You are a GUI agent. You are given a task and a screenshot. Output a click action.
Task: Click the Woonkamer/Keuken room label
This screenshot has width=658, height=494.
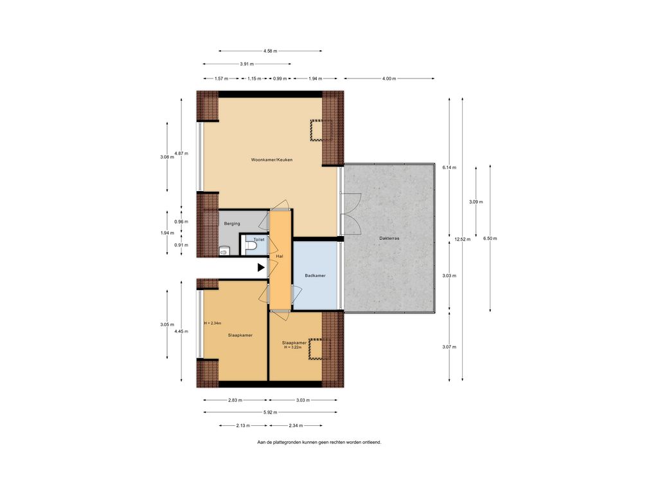click(x=272, y=160)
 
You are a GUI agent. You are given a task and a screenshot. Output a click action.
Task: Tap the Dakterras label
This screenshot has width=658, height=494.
click(x=389, y=238)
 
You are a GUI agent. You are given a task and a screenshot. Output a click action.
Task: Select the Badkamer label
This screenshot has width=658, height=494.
click(x=315, y=275)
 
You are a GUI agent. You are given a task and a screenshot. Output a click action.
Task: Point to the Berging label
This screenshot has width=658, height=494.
click(x=232, y=223)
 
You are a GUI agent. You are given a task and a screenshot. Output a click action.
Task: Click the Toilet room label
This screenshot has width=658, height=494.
click(x=259, y=239)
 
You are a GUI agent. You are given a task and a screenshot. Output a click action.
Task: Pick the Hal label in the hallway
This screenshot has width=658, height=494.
click(x=280, y=256)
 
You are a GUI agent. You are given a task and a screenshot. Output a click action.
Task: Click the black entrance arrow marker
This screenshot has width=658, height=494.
click(x=261, y=267)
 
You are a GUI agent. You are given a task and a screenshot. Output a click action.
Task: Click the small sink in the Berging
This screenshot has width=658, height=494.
click(x=223, y=252)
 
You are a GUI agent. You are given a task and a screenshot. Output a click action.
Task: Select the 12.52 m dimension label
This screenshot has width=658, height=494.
click(x=463, y=239)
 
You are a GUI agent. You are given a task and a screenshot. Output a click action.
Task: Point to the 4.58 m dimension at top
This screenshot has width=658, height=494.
click(x=271, y=51)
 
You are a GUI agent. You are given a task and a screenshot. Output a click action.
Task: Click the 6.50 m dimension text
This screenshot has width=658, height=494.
click(x=490, y=238)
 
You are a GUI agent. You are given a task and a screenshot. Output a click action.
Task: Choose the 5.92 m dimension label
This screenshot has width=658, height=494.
click(x=271, y=412)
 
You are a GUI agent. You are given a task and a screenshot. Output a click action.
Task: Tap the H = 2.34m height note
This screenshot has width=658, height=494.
click(x=213, y=323)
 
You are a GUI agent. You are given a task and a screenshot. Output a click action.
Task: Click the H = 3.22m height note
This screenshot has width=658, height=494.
click(x=293, y=347)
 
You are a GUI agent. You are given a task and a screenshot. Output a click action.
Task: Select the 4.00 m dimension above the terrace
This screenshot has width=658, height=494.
click(x=389, y=78)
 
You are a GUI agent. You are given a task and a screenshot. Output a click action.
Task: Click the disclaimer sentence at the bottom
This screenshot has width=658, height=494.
click(x=319, y=442)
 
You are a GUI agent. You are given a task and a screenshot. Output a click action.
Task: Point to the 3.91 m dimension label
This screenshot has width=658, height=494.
click(x=247, y=64)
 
